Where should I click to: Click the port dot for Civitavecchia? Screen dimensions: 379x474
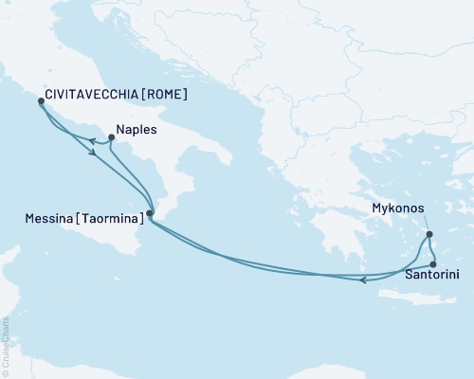[x=40, y=100]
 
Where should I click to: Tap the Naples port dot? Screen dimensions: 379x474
[x=112, y=137]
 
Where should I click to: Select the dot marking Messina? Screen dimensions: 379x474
[x=150, y=213]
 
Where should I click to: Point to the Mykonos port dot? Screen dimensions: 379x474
[x=428, y=234]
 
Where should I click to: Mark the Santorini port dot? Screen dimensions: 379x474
[x=432, y=264]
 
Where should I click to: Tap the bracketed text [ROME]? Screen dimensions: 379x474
[x=158, y=95]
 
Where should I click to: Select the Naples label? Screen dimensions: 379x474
[x=138, y=132]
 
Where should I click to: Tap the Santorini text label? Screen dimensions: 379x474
[x=434, y=278]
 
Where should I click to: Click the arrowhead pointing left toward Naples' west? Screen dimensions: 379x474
[x=93, y=142]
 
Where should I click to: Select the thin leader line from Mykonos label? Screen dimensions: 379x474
[x=426, y=225]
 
